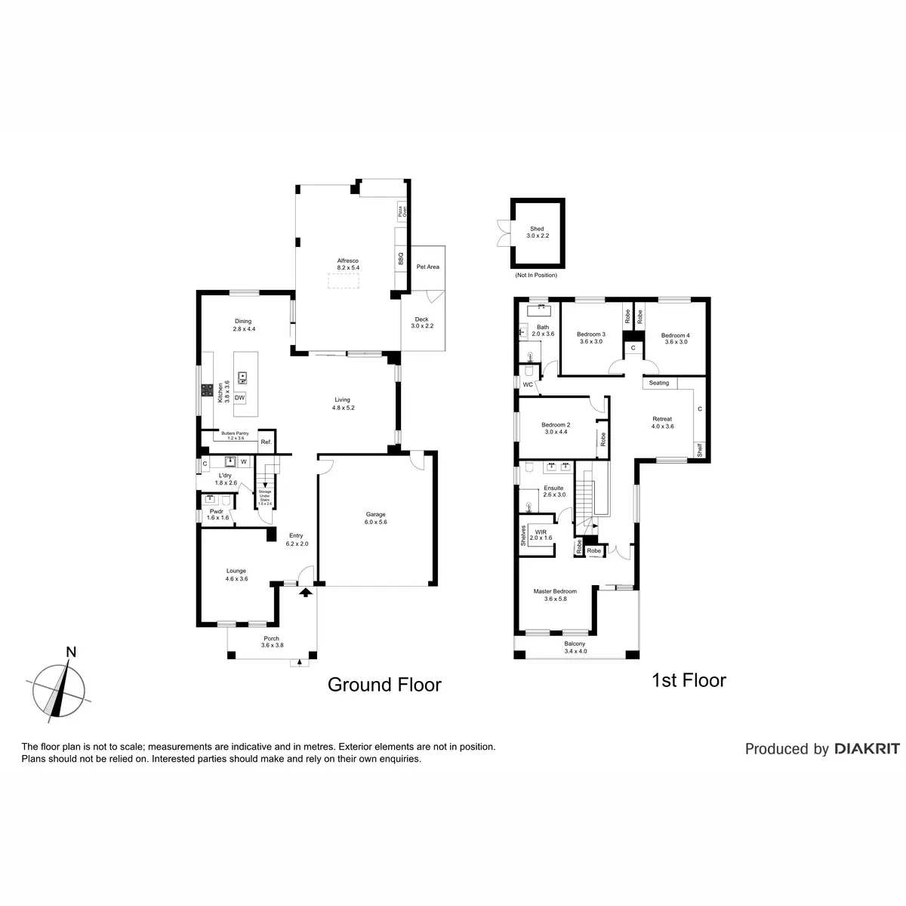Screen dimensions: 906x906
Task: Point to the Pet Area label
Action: [x=427, y=267]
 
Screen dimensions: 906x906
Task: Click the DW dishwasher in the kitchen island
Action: [x=240, y=398]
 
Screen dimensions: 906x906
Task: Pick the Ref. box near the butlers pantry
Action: [x=265, y=442]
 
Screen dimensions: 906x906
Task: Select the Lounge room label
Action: [x=236, y=575]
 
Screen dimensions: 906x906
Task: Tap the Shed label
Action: [x=537, y=233]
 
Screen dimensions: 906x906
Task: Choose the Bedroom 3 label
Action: [x=591, y=337]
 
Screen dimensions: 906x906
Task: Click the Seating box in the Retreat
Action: [x=659, y=383]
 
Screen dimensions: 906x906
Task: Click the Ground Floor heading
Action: [x=384, y=685]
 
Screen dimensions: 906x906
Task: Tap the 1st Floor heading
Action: [x=689, y=680]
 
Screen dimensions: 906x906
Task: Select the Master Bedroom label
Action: [x=555, y=595]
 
